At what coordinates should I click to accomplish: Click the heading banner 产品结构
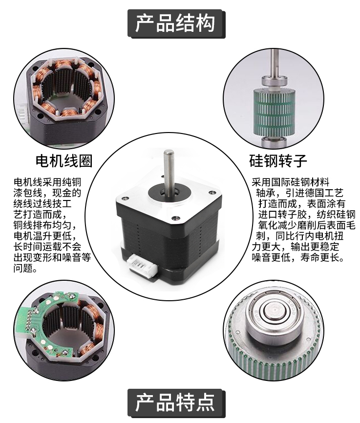click(176, 24)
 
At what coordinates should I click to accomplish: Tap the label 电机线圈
click(64, 161)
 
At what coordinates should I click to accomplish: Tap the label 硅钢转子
click(278, 161)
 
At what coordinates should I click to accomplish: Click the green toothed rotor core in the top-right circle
click(275, 111)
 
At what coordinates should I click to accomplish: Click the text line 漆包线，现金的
click(47, 193)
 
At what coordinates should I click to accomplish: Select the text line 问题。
click(25, 268)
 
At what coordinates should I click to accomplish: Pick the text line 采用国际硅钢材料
click(291, 182)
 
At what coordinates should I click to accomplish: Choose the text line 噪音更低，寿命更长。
click(298, 258)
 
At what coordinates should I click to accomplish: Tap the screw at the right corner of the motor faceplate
click(212, 192)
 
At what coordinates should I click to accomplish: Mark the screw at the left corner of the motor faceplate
click(124, 198)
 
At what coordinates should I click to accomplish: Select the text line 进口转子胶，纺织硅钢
click(307, 215)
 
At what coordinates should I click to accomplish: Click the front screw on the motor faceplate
click(175, 217)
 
